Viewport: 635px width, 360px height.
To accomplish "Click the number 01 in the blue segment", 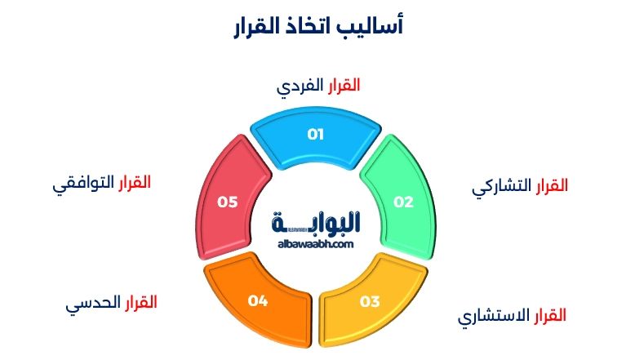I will tap(316, 134).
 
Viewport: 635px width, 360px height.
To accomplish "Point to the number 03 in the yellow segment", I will tap(370, 301).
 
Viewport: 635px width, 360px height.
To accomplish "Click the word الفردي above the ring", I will tap(300, 86).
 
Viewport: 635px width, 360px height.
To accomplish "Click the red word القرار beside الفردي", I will tap(343, 85).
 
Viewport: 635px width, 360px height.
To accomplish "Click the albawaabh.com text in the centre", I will tap(315, 243).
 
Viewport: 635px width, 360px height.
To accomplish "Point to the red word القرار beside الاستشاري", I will tap(549, 315).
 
